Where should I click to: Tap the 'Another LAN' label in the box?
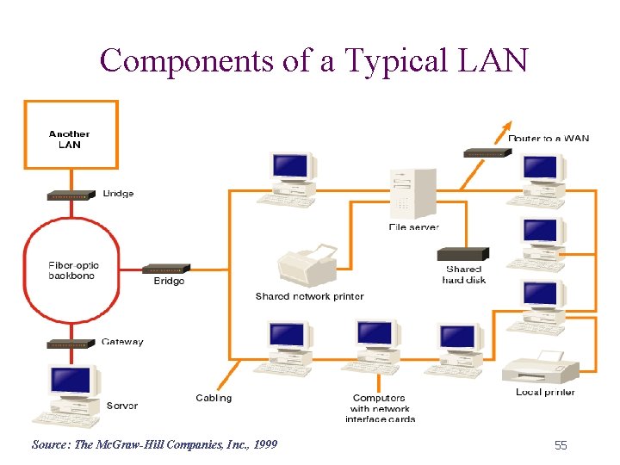[69, 139]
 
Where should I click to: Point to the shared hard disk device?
[462, 254]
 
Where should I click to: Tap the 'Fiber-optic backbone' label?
[72, 270]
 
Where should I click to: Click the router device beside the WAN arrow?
[487, 152]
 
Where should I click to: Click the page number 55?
[561, 445]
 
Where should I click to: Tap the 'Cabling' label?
[214, 398]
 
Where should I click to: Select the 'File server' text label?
[413, 227]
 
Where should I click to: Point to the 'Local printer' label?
[545, 392]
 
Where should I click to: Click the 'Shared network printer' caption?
[309, 296]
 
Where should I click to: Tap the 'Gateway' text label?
[122, 342]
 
